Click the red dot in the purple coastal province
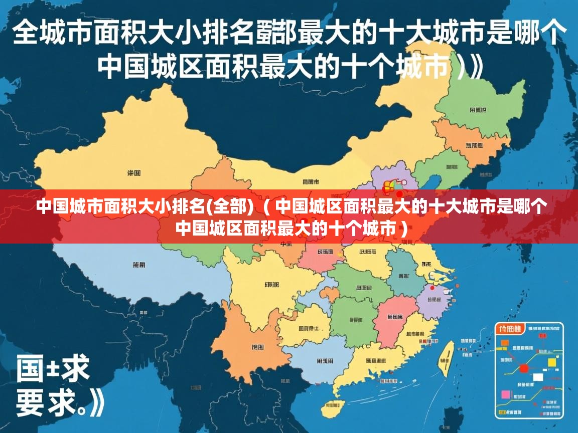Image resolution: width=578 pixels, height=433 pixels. tap(432, 288)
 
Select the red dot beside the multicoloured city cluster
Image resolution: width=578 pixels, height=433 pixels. tap(399, 194)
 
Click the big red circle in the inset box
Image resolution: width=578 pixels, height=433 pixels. tap(524, 368)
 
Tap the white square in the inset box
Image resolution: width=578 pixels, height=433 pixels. tap(538, 377)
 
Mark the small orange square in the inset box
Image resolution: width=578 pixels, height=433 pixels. tap(505, 343)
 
